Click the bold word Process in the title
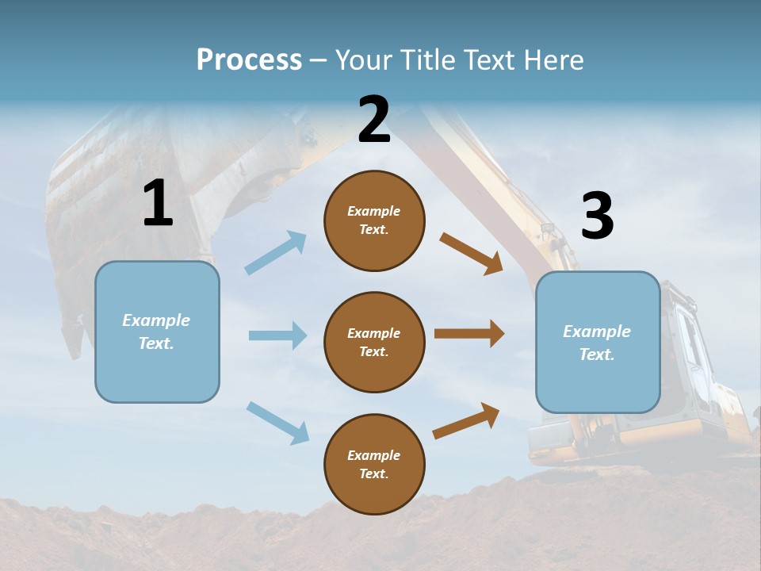249,60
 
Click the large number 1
158,204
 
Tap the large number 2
374,120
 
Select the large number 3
597,217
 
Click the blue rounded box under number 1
157,331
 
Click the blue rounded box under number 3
598,342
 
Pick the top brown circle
374,220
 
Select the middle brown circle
374,342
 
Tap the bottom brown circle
374,464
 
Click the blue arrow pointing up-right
276,253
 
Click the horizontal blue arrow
277,335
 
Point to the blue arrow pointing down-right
277,423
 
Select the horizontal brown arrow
469,334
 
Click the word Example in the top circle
374,212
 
